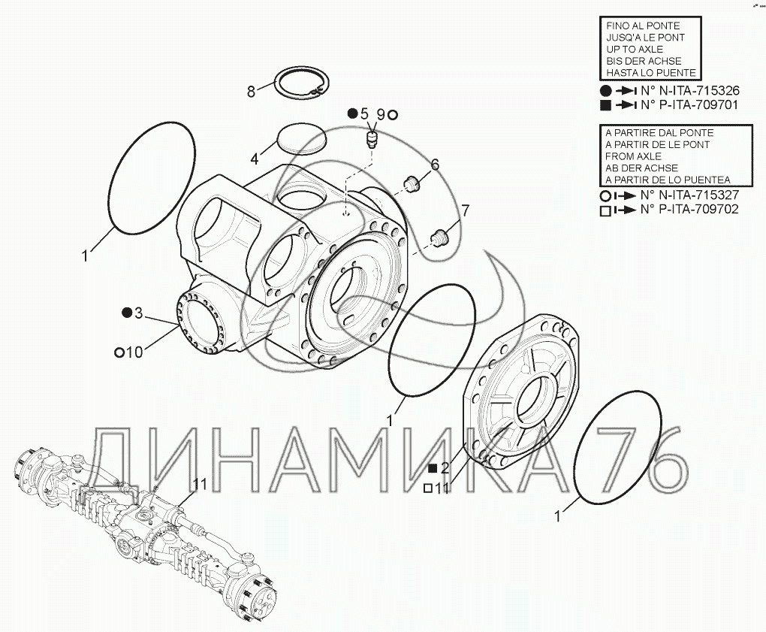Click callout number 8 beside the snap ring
click(252, 92)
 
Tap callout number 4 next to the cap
click(255, 159)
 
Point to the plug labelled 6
click(411, 182)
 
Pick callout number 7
click(465, 210)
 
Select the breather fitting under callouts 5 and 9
click(371, 139)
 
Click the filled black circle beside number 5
click(352, 113)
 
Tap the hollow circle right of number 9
click(392, 114)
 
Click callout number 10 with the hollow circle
click(134, 352)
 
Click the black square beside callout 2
click(432, 468)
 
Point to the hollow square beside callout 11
click(427, 488)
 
